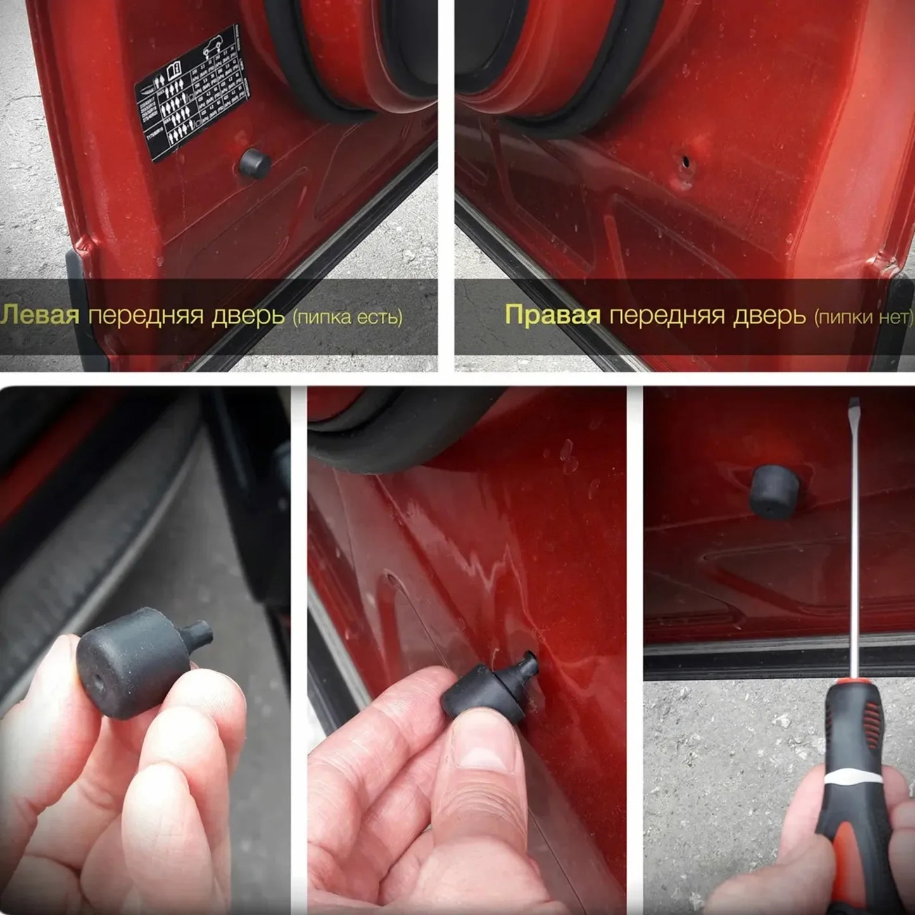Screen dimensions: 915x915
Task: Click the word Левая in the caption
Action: (x=41, y=315)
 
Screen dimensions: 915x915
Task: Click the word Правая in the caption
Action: (x=552, y=315)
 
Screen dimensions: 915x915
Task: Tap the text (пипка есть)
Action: (x=348, y=317)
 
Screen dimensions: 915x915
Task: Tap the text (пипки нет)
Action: (x=862, y=317)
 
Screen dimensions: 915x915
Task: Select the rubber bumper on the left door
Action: (x=255, y=163)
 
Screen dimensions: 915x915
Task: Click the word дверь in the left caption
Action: (x=248, y=315)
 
